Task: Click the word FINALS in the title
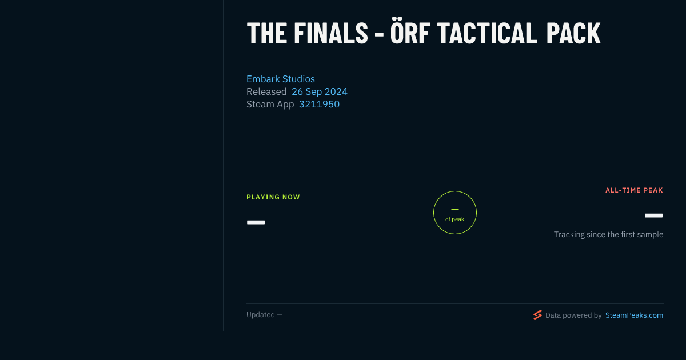(x=331, y=34)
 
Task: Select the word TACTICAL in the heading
(x=487, y=34)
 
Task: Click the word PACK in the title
(x=573, y=34)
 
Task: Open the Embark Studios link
(x=281, y=79)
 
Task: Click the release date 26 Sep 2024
(x=320, y=91)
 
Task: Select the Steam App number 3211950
(x=319, y=104)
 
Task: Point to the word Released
(x=266, y=91)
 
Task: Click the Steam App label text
(x=270, y=105)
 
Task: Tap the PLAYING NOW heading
(x=273, y=197)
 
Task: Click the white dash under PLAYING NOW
(x=256, y=222)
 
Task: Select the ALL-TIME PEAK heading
(x=634, y=190)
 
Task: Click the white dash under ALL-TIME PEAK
(x=653, y=215)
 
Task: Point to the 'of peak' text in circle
(x=455, y=219)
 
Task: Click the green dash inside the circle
(x=455, y=209)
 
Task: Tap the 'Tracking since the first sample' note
(x=608, y=234)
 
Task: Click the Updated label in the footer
(x=261, y=315)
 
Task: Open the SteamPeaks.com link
(x=634, y=315)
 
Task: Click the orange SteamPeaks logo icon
(x=537, y=315)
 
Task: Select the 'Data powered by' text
(x=573, y=315)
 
